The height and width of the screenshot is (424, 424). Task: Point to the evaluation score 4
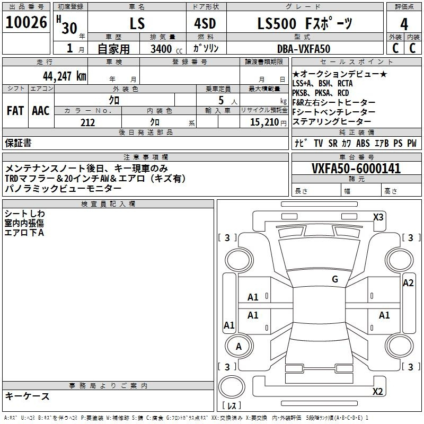[404, 24]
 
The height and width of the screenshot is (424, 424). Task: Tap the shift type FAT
[15, 111]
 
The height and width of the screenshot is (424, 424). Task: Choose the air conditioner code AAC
[41, 111]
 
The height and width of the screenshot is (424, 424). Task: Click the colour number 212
[87, 122]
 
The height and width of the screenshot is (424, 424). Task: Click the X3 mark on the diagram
[378, 217]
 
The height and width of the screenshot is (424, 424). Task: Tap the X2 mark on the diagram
[377, 392]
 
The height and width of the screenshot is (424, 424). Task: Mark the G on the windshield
[334, 279]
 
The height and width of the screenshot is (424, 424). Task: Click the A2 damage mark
[408, 283]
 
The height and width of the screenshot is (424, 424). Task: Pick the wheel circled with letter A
[238, 347]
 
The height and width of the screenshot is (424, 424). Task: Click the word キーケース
[28, 396]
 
